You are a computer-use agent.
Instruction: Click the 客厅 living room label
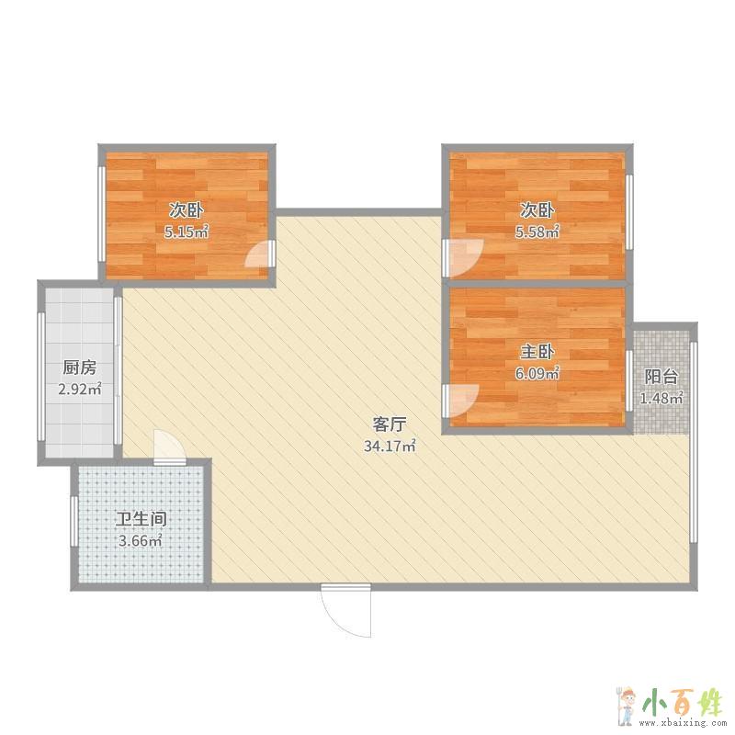[389, 424]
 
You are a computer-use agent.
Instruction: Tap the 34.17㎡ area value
[390, 446]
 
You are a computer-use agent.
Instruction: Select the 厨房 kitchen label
[80, 367]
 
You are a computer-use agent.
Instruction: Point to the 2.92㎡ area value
[80, 389]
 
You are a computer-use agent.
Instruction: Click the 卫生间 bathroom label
[141, 519]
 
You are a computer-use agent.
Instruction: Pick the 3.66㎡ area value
[141, 541]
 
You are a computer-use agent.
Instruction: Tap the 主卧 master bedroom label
[537, 352]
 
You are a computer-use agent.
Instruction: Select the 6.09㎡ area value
[537, 373]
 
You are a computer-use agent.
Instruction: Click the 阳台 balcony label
[661, 377]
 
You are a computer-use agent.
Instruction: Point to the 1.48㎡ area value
[661, 398]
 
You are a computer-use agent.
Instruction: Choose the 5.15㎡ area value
[187, 232]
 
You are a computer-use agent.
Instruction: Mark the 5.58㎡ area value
[537, 232]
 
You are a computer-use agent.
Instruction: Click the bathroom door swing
[169, 447]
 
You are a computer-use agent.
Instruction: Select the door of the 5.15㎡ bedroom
[259, 254]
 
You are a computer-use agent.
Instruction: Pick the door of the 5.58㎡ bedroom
[463, 258]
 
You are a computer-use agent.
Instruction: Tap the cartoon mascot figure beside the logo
[626, 706]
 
